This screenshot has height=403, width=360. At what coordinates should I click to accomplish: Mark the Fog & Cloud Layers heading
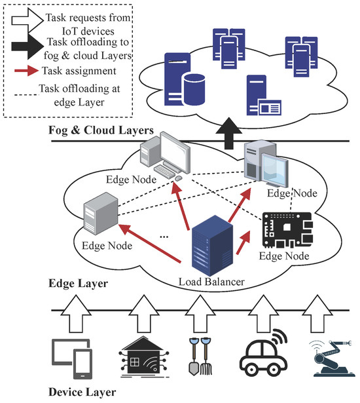coord(101,130)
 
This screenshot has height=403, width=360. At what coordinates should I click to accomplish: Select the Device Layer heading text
coord(82,393)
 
